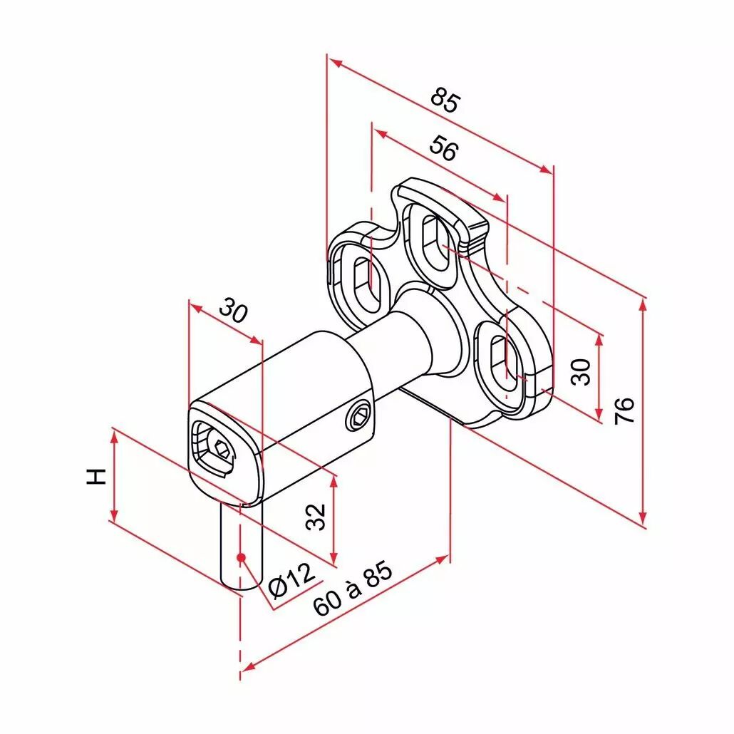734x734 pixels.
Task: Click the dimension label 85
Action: coord(446,100)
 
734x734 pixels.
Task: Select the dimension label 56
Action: coord(444,148)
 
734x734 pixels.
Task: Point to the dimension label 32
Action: coord(316,517)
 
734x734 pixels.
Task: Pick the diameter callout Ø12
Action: coord(292,581)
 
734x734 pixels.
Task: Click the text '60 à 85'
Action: coord(353,588)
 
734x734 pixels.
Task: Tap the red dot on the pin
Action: coord(241,557)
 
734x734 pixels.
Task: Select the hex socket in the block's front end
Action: coord(220,450)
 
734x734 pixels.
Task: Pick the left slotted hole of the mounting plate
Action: coord(367,284)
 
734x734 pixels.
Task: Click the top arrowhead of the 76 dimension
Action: coord(643,304)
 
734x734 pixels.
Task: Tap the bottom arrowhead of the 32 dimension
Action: coord(334,557)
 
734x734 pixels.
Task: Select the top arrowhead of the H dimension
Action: coord(113,437)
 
